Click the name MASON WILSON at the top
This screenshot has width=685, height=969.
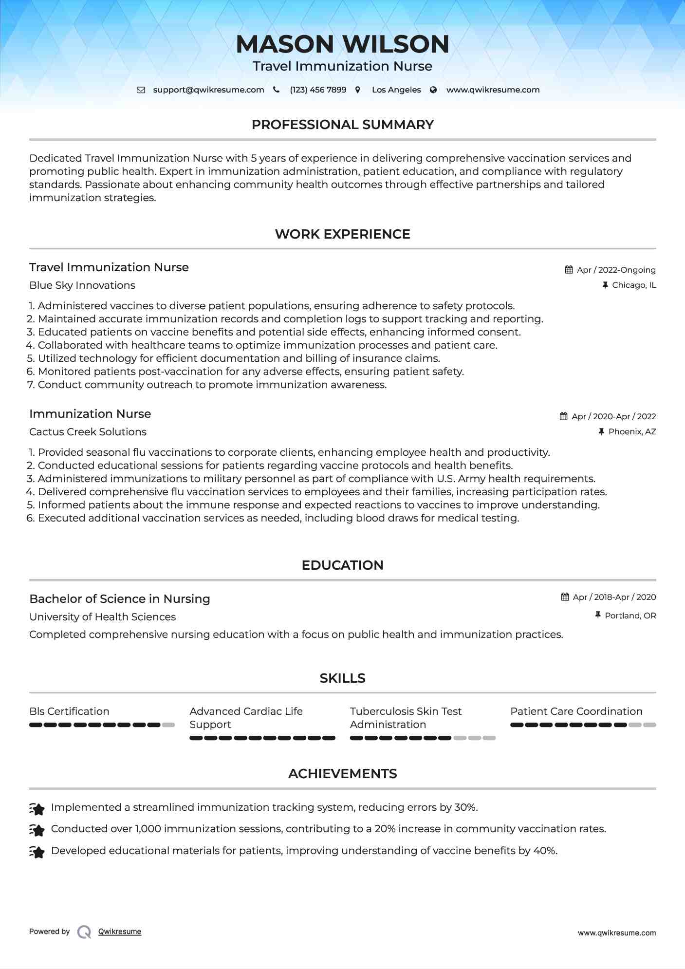(x=342, y=44)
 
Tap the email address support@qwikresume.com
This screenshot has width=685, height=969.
(x=208, y=90)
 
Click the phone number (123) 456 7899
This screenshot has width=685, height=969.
(x=318, y=90)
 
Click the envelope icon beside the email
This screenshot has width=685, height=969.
(x=141, y=90)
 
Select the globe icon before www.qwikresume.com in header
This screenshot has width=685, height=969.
(x=433, y=90)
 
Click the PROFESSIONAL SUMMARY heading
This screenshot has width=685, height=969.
(x=342, y=125)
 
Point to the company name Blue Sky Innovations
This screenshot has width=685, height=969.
(x=82, y=285)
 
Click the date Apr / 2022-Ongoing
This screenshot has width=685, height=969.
(x=616, y=270)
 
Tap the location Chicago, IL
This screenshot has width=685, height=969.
(x=634, y=285)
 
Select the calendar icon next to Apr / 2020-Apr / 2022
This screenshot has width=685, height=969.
(x=564, y=416)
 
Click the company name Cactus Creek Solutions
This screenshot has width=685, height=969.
(x=88, y=432)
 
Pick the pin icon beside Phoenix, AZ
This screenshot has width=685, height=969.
(x=601, y=431)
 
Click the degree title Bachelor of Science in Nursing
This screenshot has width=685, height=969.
(x=120, y=599)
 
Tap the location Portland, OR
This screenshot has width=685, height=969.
(x=630, y=615)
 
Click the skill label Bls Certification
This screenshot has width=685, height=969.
(x=69, y=711)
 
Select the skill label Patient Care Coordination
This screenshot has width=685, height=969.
(x=576, y=711)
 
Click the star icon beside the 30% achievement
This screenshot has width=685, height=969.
(x=37, y=809)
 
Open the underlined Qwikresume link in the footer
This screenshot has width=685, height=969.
(x=120, y=932)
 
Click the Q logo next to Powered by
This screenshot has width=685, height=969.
(x=84, y=932)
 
